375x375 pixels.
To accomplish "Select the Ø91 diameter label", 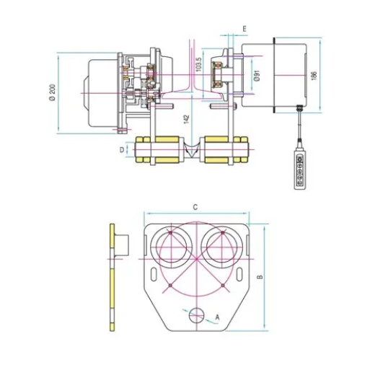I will pyautogui.click(x=257, y=76).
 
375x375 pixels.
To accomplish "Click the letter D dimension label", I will pyautogui.click(x=121, y=151).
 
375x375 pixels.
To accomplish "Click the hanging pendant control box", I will pyautogui.click(x=298, y=170).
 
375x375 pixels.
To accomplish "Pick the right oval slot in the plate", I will pyautogui.click(x=238, y=273).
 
